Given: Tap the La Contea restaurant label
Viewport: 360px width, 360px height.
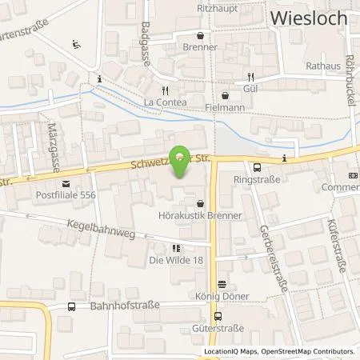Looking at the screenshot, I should (x=165, y=103).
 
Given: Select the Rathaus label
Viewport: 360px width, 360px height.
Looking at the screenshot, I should (x=322, y=65).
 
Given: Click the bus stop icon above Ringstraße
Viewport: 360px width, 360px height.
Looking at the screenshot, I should (x=257, y=168).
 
